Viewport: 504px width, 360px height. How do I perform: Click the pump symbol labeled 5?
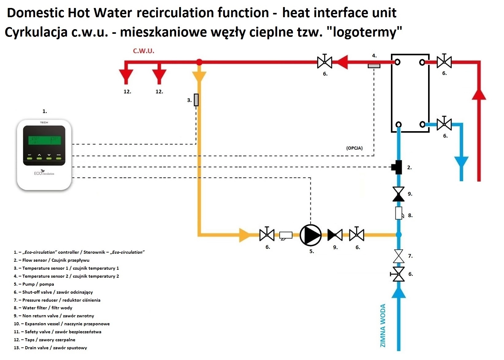pyautogui.click(x=310, y=235)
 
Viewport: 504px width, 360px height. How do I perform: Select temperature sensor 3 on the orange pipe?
pyautogui.click(x=196, y=100)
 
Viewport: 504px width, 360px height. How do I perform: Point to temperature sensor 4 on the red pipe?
pyautogui.click(x=374, y=66)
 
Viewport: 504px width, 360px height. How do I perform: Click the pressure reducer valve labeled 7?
pyautogui.click(x=399, y=256)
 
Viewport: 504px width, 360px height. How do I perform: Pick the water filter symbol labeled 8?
pyautogui.click(x=399, y=213)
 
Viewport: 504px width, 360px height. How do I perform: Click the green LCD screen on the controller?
pyautogui.click(x=44, y=140)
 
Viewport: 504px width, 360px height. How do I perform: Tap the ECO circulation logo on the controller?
pyautogui.click(x=44, y=173)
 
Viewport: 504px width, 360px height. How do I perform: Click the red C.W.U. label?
pyautogui.click(x=144, y=51)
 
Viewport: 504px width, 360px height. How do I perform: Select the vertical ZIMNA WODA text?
pyautogui.click(x=383, y=326)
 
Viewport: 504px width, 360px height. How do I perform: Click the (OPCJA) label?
pyautogui.click(x=354, y=148)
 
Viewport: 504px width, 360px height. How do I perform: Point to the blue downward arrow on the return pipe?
pyautogui.click(x=461, y=164)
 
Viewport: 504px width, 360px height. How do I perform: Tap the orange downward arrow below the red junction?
pyautogui.click(x=199, y=76)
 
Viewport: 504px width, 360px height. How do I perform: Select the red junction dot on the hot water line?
pyautogui.click(x=199, y=62)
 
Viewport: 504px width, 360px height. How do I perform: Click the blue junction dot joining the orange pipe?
pyautogui.click(x=399, y=235)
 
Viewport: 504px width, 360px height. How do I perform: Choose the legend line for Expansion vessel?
pyautogui.click(x=62, y=324)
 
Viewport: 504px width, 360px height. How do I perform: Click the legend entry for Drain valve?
pyautogui.click(x=50, y=348)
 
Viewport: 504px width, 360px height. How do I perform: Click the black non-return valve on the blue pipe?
pyautogui.click(x=399, y=194)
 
